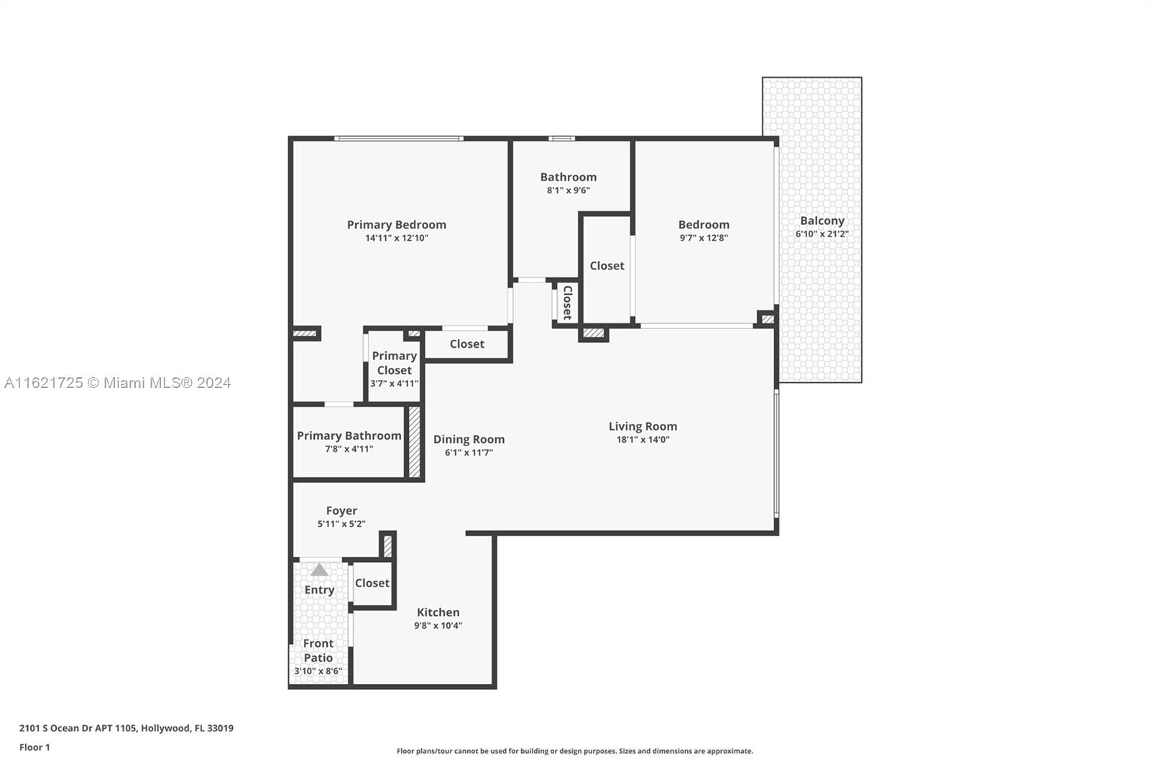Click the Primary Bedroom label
tap(396, 225)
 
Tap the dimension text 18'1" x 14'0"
tap(643, 440)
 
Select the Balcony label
tap(822, 221)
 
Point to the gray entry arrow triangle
tap(319, 570)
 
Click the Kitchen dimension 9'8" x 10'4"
tap(438, 625)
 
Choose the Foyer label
tap(341, 511)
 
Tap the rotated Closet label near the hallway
tap(568, 303)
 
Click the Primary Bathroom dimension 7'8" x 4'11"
tap(349, 448)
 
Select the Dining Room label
tap(469, 440)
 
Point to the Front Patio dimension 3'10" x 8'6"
tap(318, 671)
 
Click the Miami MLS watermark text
tap(118, 383)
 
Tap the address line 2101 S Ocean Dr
tap(126, 728)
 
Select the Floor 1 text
tap(34, 747)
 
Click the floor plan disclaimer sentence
tap(575, 751)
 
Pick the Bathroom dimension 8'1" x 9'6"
tap(569, 190)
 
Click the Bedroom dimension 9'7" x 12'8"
tap(704, 238)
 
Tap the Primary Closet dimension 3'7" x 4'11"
tap(395, 384)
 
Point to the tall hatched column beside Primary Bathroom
tap(414, 442)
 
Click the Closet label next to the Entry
tap(372, 583)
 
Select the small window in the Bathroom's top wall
tap(561, 138)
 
